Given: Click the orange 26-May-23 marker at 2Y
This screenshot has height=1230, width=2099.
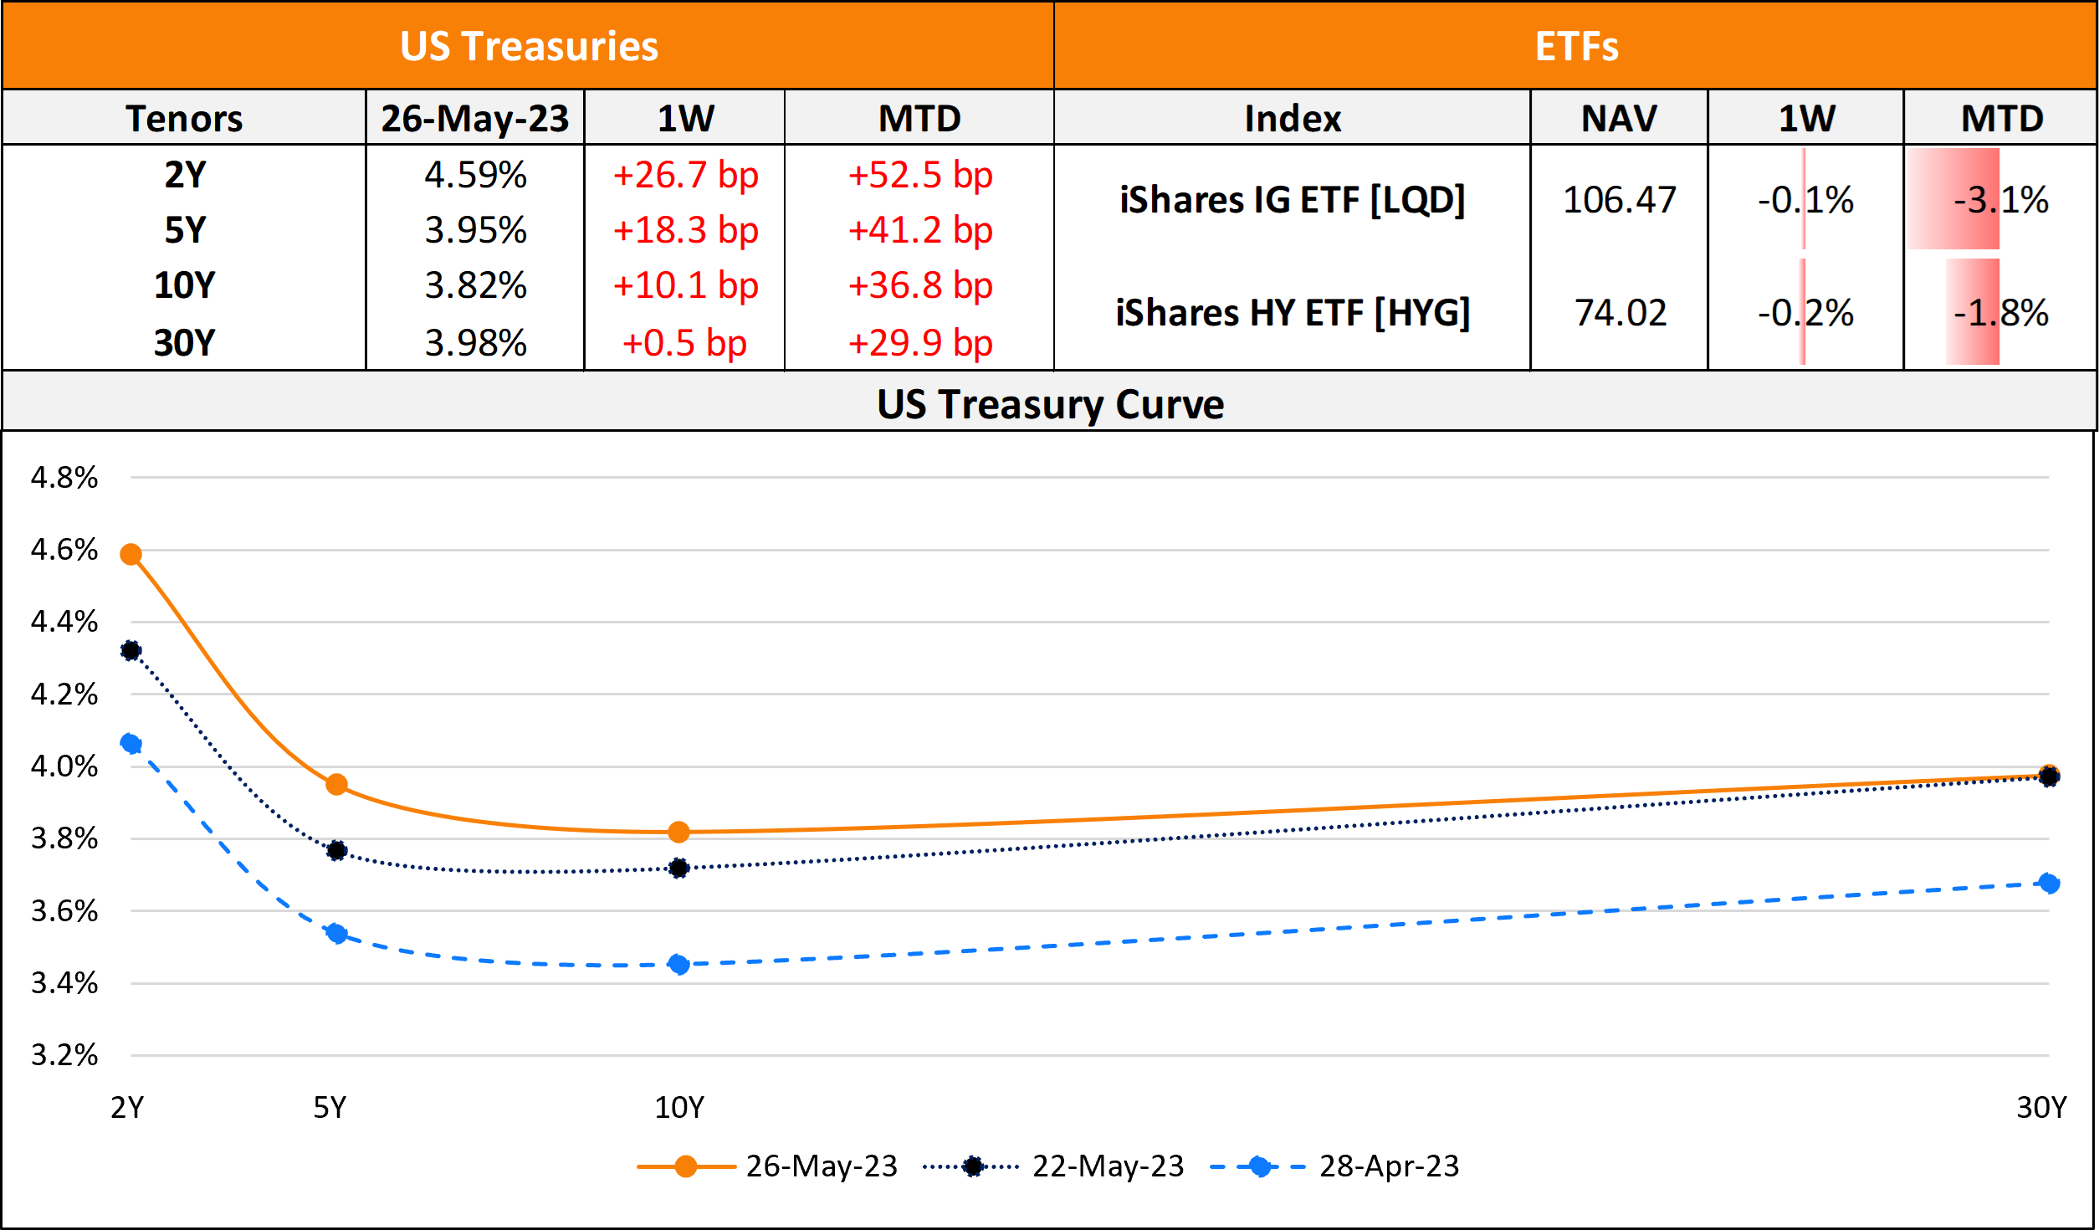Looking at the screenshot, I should (131, 555).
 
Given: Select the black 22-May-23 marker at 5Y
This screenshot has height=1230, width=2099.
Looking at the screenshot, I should (336, 851).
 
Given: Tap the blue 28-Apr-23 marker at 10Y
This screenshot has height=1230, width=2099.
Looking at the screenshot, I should (679, 965).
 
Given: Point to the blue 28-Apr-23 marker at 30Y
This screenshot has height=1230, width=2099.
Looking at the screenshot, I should (2049, 884).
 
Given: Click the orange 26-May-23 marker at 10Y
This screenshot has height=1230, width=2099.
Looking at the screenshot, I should (679, 833).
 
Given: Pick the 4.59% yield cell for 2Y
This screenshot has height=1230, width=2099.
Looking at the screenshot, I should (475, 176).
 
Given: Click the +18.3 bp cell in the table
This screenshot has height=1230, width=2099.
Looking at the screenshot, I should (685, 230).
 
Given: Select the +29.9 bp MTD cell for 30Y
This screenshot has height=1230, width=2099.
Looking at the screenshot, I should (920, 343).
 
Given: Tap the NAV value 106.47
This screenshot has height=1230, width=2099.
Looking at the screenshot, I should (1620, 200).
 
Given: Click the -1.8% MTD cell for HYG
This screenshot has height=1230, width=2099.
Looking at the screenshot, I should (2001, 313).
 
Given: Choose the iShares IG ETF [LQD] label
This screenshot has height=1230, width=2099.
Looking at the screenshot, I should (1293, 200).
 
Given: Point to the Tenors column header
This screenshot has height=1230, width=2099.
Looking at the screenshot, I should (184, 118).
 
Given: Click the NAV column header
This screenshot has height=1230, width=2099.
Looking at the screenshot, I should (1620, 118).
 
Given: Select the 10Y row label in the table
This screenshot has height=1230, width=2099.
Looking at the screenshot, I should (184, 285).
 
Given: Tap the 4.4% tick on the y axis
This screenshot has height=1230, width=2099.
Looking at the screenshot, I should (64, 622).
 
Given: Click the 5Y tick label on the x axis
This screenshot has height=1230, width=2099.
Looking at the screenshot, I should (330, 1108).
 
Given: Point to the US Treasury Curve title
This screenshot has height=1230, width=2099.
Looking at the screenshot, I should (1050, 404).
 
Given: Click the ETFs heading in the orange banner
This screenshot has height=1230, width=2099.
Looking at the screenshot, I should (1576, 46).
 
